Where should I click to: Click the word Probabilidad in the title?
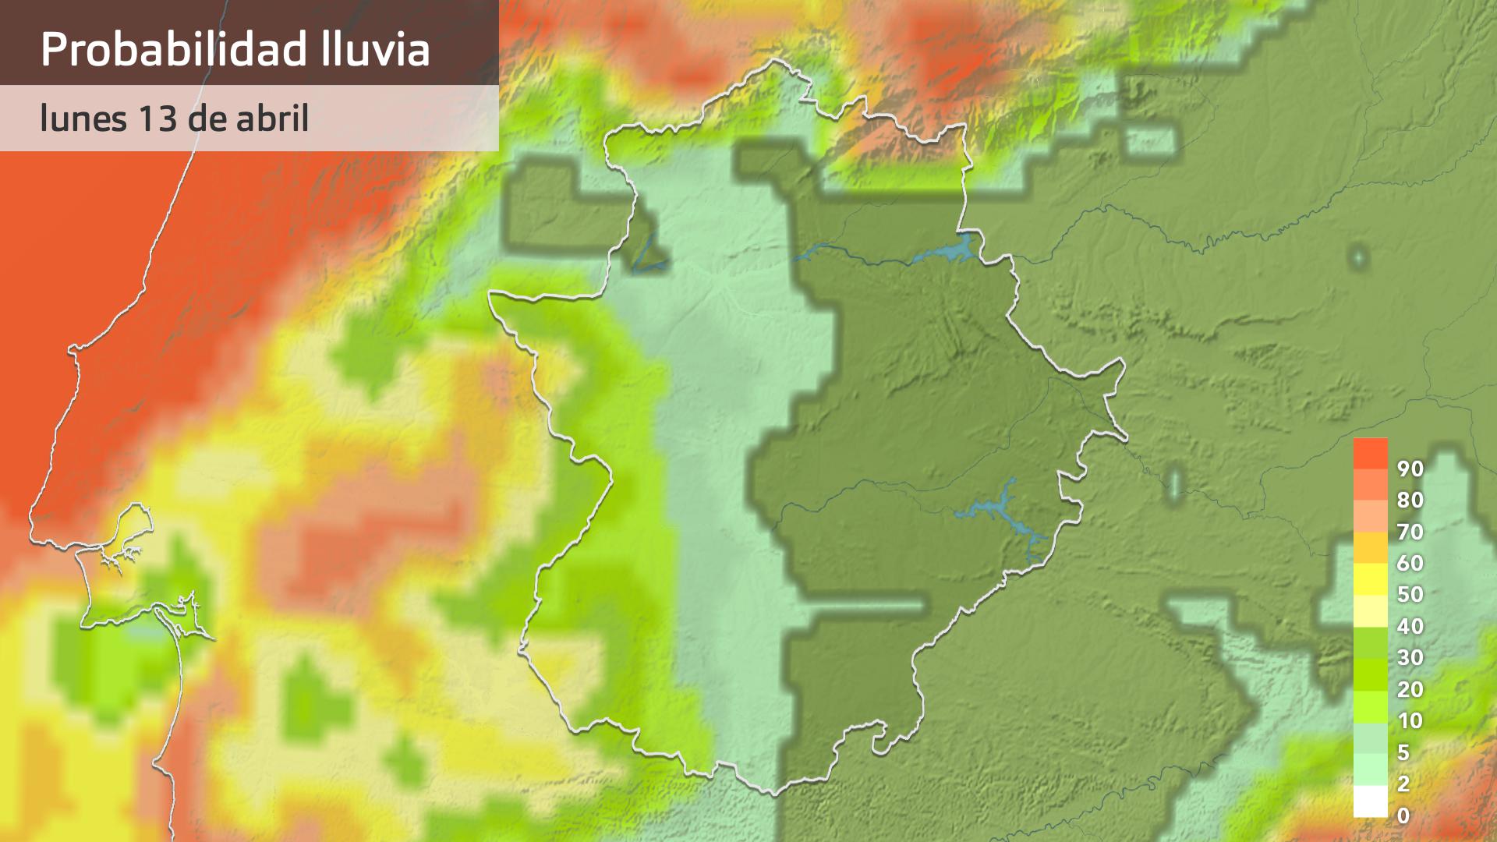[172, 49]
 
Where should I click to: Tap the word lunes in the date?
[82, 119]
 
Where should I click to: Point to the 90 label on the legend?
[1410, 469]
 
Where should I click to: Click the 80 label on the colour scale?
[1410, 500]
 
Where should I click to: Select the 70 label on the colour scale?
[1410, 532]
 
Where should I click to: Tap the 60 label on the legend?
[1410, 563]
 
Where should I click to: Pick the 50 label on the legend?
[1410, 594]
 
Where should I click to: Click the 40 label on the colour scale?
[1410, 626]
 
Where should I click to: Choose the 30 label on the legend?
[1410, 657]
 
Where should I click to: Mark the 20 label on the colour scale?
[1410, 689]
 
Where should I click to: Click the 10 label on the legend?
[1410, 720]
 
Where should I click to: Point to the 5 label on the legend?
[1403, 752]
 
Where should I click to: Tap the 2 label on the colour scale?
[1403, 784]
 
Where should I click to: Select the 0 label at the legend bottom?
[1403, 815]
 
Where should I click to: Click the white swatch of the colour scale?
[1370, 801]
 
